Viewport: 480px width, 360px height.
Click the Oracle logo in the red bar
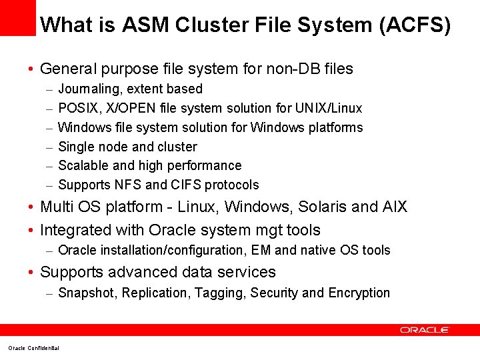pos(425,330)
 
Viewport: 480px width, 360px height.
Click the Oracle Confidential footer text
pos(33,348)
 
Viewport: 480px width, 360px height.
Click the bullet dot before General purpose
pos(31,69)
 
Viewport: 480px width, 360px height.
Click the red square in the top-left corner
pos(17,17)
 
